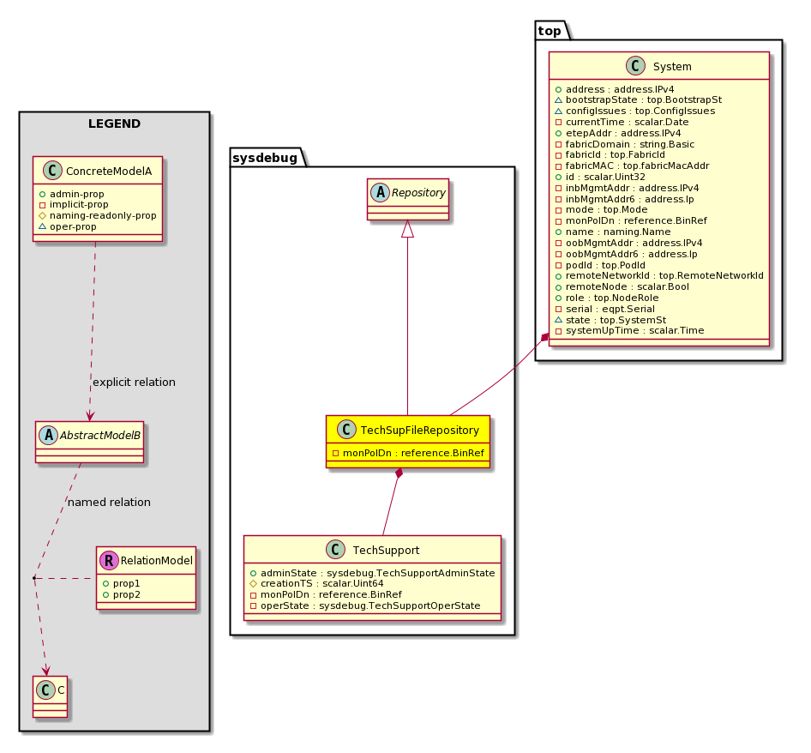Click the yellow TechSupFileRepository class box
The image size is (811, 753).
tap(407, 442)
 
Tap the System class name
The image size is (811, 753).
tap(672, 66)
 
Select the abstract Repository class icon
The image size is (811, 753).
tap(380, 192)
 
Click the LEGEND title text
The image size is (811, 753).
tap(114, 123)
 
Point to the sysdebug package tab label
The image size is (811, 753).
tap(265, 158)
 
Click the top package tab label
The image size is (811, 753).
tap(550, 31)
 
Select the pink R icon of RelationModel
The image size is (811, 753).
tap(109, 561)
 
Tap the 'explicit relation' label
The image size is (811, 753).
tap(134, 382)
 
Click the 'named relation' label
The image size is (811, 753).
tap(109, 502)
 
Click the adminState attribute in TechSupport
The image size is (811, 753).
tap(372, 573)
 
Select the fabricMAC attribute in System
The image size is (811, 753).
tap(632, 166)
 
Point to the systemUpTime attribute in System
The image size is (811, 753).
tap(629, 331)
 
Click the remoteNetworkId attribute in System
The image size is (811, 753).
tap(659, 276)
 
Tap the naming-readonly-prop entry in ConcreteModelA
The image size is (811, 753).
tap(98, 215)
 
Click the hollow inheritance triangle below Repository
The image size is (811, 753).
tap(407, 228)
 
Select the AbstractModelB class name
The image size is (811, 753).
tap(99, 435)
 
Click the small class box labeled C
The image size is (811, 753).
tap(51, 696)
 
